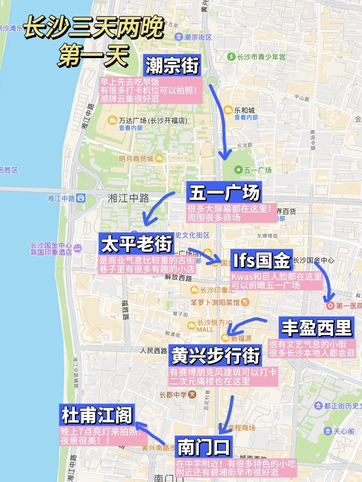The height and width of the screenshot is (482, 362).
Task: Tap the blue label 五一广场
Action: [224, 193]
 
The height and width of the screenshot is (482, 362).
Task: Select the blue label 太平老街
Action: [136, 244]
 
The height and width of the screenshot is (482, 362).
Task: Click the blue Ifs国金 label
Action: [261, 260]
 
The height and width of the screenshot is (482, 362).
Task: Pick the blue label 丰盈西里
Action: [316, 328]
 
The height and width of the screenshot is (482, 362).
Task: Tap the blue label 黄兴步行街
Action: [215, 355]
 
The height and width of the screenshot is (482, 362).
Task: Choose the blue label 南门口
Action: [203, 447]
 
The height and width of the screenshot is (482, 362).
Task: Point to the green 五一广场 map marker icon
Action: [238, 170]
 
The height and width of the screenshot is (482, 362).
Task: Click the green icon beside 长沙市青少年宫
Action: [231, 57]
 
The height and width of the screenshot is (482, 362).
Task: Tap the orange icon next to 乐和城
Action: [228, 110]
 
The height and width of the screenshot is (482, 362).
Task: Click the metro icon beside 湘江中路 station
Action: [81, 198]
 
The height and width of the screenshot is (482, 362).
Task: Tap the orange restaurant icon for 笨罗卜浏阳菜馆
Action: [245, 302]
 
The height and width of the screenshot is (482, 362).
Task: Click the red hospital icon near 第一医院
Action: [330, 305]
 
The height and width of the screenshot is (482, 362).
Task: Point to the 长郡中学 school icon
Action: [192, 394]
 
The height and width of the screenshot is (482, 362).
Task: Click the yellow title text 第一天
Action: [94, 56]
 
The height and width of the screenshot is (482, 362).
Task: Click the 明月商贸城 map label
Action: [136, 158]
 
